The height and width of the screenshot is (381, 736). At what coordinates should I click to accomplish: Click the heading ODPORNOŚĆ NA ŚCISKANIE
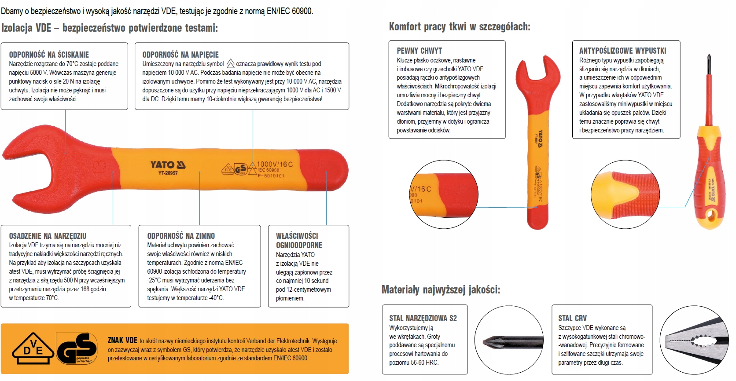49,55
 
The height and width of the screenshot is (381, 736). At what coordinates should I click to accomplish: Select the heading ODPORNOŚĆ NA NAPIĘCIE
180,55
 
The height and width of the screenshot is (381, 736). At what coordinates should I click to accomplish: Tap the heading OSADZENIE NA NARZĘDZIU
48,236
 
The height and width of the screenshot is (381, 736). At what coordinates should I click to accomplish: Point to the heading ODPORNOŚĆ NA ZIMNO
181,236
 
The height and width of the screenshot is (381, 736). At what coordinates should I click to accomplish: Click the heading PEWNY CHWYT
419,51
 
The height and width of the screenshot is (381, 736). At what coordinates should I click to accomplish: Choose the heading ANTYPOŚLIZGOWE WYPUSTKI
622,51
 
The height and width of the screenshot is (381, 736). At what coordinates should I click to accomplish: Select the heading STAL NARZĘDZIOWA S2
423,318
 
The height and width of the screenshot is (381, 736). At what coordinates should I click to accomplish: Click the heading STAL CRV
572,318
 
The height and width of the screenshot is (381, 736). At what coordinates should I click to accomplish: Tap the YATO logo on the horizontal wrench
168,165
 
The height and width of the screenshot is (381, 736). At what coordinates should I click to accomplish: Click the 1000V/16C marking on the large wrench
275,164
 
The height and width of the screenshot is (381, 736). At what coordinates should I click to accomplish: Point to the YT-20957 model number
168,173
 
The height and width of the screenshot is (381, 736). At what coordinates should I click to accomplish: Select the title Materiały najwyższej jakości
441,290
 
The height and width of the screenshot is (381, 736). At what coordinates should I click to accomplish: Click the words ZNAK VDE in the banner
122,340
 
